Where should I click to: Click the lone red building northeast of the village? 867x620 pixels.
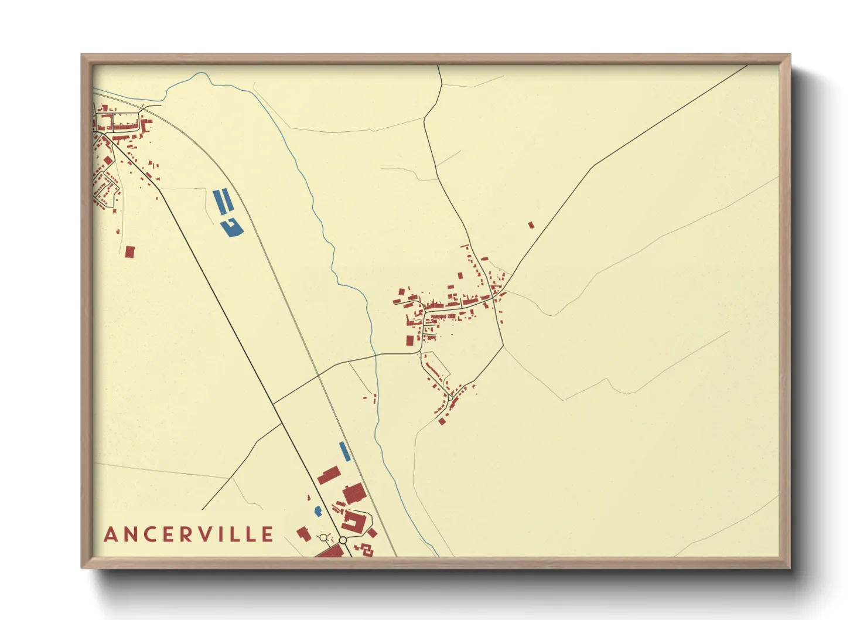click(x=531, y=225)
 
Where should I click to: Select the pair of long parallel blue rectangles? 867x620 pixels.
click(x=223, y=201)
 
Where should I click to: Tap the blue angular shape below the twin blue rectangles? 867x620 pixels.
click(x=233, y=227)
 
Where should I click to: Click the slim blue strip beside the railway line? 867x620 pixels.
click(x=344, y=451)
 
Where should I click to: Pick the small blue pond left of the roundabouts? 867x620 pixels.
click(x=318, y=511)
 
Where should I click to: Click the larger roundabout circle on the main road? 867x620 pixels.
click(x=343, y=540)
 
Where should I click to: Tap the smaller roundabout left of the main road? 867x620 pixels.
click(x=323, y=537)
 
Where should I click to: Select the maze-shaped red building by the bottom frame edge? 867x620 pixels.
click(x=366, y=549)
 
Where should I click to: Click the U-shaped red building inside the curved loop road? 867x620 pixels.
click(x=353, y=521)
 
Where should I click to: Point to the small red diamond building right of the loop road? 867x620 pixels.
click(x=372, y=533)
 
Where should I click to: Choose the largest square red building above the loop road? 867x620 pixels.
click(x=354, y=493)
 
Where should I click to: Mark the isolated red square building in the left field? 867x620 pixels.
click(x=130, y=252)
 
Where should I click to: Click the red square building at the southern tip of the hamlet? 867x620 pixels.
click(x=442, y=421)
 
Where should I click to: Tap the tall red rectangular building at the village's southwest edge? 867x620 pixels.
click(x=410, y=341)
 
